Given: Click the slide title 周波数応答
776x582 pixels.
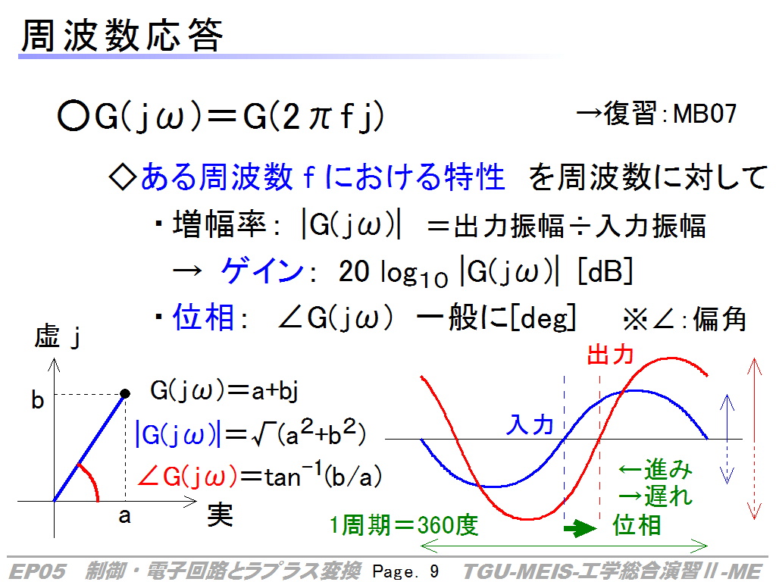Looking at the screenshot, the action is point(122,36).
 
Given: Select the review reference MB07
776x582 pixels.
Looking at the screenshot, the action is point(705,114).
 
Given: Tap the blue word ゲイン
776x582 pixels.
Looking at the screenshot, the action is point(262,271).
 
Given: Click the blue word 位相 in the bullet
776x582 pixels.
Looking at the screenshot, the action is point(203,317).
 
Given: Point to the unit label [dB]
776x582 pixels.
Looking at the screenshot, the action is point(605,271).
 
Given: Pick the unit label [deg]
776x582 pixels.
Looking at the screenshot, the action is point(543,318).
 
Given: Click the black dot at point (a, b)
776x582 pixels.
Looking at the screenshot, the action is point(125,393).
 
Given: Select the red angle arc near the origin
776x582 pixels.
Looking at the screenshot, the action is point(91,480).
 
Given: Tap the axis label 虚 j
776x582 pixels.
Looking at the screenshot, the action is point(58,336).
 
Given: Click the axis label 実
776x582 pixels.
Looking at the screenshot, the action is point(221,515).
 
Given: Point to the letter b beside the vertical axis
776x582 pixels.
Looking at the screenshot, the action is point(38,399).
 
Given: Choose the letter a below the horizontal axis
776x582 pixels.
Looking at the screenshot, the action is point(124,516).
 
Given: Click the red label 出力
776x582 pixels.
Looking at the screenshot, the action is point(610,355).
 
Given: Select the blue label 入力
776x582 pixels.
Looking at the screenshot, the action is point(529,424).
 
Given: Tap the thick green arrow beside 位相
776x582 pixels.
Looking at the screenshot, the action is point(580,528).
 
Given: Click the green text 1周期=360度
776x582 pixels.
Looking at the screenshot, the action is point(404,525).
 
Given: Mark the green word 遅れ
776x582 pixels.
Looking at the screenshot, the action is point(668,496).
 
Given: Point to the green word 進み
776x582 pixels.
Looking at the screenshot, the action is point(668,469).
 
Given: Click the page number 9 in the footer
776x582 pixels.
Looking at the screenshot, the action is point(434,571).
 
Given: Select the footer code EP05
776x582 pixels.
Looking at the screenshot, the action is point(38,571).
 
